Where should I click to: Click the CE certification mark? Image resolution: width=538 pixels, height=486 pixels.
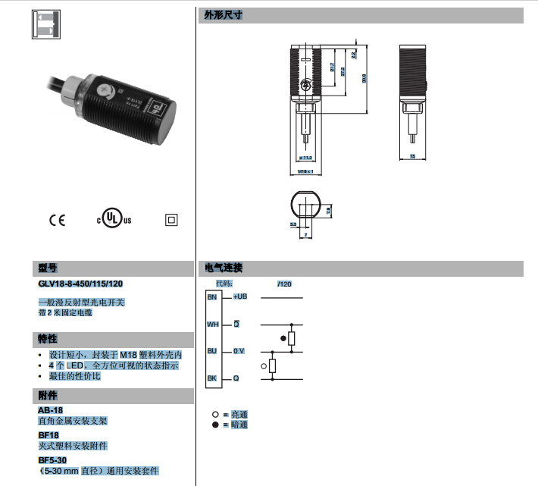57,221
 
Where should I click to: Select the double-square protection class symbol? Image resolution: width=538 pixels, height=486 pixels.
170,221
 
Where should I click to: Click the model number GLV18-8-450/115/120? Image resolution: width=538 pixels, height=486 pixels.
80,284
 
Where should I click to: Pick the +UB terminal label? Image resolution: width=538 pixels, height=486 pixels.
239,296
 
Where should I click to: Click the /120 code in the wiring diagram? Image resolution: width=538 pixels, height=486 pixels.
284,284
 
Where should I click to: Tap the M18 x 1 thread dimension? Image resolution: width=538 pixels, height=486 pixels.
305,172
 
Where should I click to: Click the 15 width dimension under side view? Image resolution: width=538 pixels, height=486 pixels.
412,157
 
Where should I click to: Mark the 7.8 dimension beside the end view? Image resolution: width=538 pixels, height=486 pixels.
330,213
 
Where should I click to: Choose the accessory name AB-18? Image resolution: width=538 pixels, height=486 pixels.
50,410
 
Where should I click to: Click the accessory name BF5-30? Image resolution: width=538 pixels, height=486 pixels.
53,460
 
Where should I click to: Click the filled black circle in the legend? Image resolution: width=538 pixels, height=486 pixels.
216,425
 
